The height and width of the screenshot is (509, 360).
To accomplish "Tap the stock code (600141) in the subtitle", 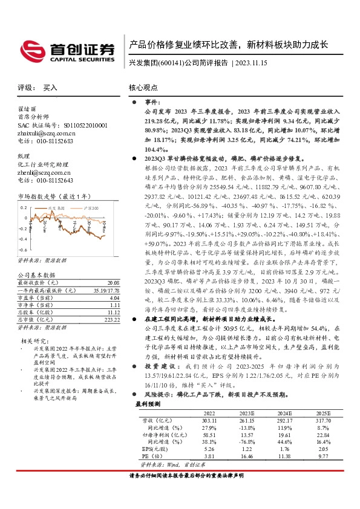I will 171,62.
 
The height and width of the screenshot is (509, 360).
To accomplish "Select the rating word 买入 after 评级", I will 50,88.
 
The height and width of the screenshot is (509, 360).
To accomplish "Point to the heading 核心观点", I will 143,88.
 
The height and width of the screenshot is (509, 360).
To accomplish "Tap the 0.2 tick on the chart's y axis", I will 23,207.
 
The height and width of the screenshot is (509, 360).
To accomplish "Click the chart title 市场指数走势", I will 42,196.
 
